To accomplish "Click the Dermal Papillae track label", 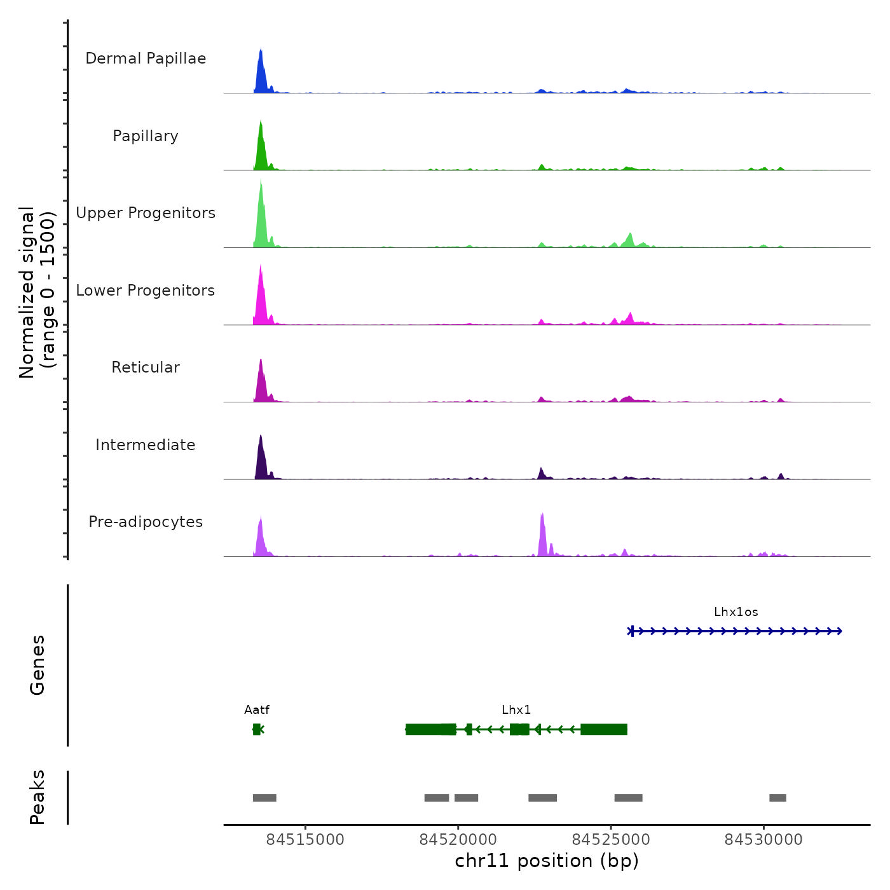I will (146, 58).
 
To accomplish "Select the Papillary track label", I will (146, 136).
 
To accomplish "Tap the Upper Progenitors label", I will (146, 213).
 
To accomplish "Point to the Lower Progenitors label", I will (146, 291).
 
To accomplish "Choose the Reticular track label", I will (146, 367).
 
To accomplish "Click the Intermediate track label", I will (146, 445).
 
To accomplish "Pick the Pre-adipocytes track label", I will (146, 522).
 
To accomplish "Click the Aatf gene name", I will (257, 710).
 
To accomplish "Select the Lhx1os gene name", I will (736, 612).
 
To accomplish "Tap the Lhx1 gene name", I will (516, 710).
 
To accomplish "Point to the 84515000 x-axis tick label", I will (305, 840).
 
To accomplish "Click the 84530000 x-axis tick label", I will (763, 840).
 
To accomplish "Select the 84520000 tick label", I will (458, 840).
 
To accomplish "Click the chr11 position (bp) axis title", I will (547, 861).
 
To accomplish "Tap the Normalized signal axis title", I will (37, 292).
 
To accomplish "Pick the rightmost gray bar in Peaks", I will (777, 798).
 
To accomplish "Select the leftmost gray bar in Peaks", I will (264, 798).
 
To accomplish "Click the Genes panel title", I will (38, 665).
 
